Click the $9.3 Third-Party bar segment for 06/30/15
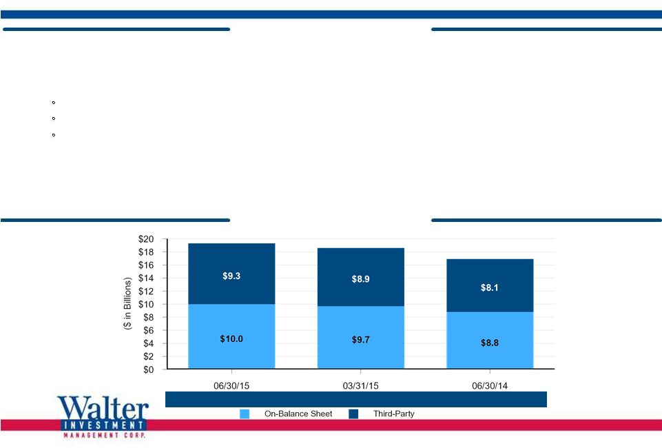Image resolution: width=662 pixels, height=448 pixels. coord(231,274)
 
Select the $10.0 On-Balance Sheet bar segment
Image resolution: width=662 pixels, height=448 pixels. coord(231,336)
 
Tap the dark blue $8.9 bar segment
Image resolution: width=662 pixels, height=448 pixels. coord(360,277)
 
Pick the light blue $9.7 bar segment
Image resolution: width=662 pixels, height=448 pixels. coord(360,337)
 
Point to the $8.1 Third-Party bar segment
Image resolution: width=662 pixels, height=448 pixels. coord(490,285)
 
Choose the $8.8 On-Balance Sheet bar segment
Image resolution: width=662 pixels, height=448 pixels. coord(490,340)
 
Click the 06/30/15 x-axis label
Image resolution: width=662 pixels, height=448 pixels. coord(231,385)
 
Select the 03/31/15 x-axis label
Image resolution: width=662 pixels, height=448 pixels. coord(360,385)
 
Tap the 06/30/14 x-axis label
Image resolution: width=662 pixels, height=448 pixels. coord(490,385)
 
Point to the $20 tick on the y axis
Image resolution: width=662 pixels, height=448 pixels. coord(146,239)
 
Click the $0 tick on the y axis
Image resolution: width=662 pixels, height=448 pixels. coord(149,369)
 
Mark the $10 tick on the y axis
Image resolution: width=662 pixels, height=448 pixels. coord(146,304)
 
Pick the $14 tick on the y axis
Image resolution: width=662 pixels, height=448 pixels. coord(146,278)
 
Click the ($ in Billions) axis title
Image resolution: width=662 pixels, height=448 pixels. coord(127,303)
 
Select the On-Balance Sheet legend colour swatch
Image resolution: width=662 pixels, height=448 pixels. coord(245,414)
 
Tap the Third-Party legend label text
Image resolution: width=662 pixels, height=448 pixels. coord(393,414)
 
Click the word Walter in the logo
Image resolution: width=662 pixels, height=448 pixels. coord(103,408)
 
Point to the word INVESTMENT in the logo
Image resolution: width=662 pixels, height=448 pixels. coord(104,425)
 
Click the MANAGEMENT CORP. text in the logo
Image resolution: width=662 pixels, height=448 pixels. coord(104,435)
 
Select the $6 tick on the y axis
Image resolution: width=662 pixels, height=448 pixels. coord(149,330)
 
